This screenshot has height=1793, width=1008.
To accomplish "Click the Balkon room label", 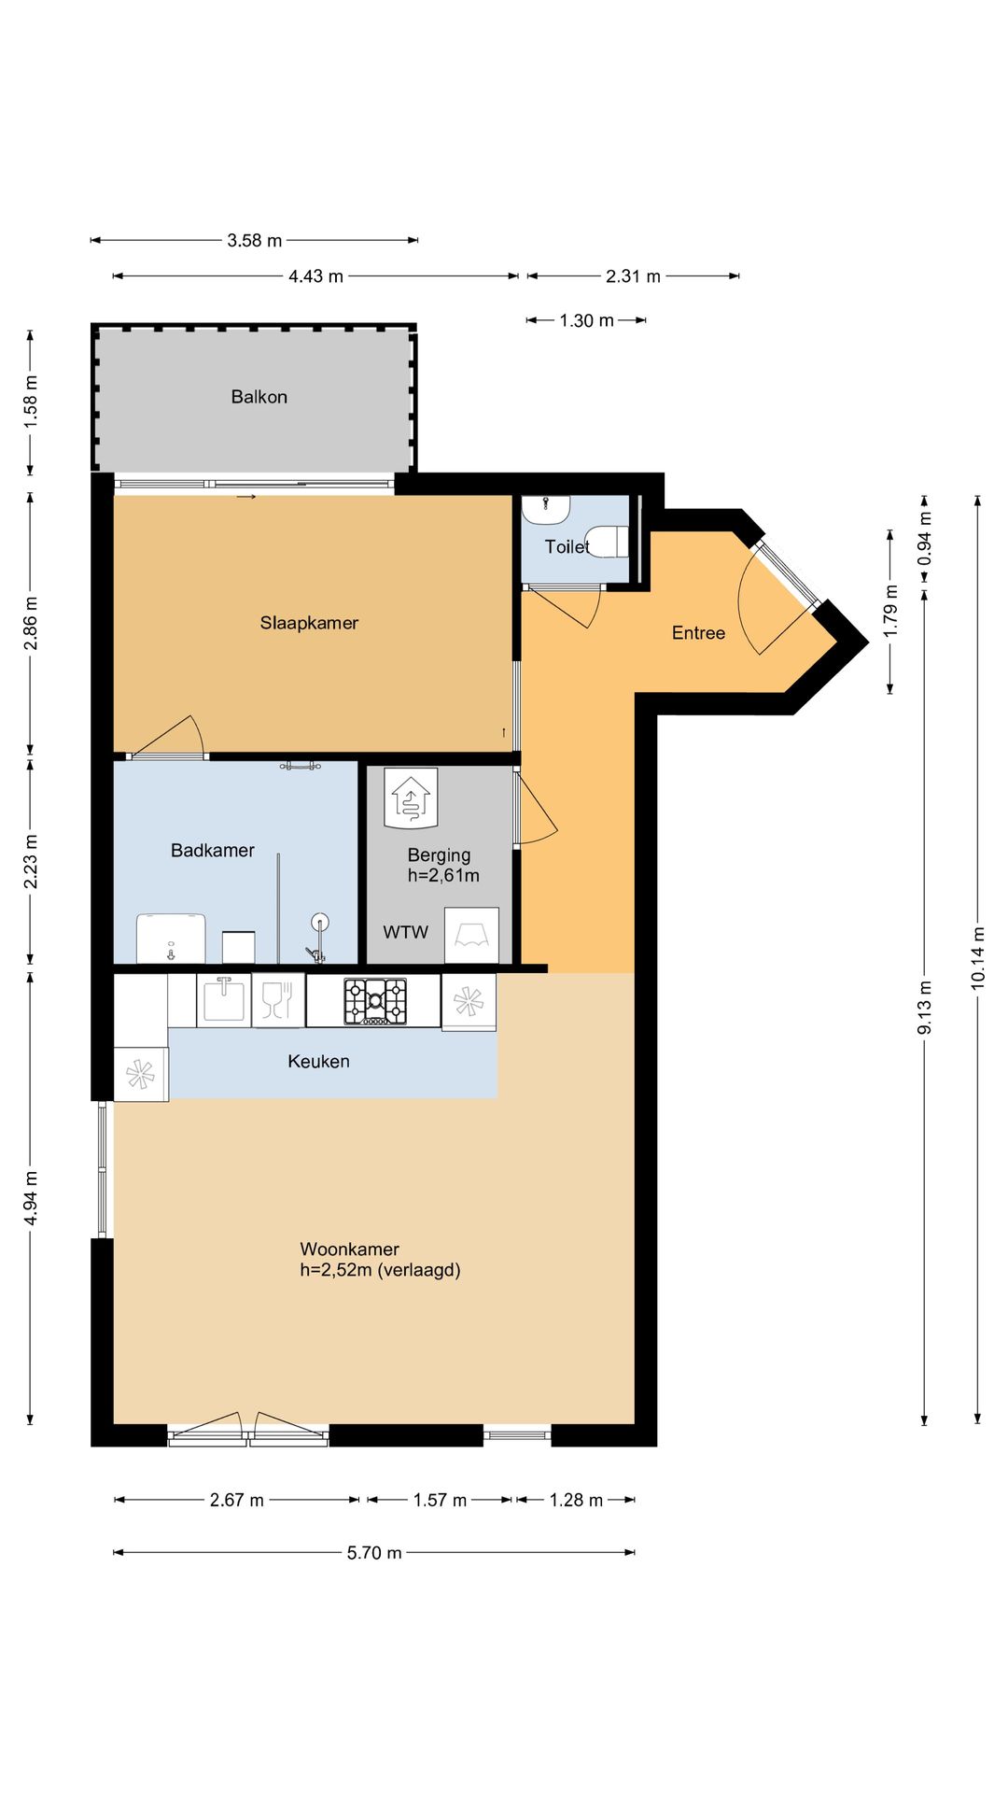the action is coord(259,397).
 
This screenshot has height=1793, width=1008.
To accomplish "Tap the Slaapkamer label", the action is coord(309,623).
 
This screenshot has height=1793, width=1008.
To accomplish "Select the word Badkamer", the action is coord(213,850).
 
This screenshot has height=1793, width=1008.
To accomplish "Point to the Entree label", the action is coord(698,633).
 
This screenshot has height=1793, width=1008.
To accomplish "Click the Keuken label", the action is coord(318,1061).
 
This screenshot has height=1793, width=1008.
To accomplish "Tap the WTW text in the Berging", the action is coord(406,932).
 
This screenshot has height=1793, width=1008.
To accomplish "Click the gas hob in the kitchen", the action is coord(375,1001).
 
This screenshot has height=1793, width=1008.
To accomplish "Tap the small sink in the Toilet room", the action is coord(546,509).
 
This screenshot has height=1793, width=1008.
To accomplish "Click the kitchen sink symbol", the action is coord(224,998).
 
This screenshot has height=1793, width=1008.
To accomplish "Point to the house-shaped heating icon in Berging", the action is coord(411,798).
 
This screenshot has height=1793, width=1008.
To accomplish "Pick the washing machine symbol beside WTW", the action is coord(471,935).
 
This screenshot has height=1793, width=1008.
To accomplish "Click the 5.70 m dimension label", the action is coord(374,1553).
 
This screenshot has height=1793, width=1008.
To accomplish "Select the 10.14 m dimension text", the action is coord(978,958).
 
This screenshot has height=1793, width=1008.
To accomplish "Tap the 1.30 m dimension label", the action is coord(587,320).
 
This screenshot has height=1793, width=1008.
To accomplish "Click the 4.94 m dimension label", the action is coord(31,1198).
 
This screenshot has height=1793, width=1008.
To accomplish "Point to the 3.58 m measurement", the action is coord(255,240).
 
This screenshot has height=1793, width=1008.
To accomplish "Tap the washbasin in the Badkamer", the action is coord(171,939).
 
